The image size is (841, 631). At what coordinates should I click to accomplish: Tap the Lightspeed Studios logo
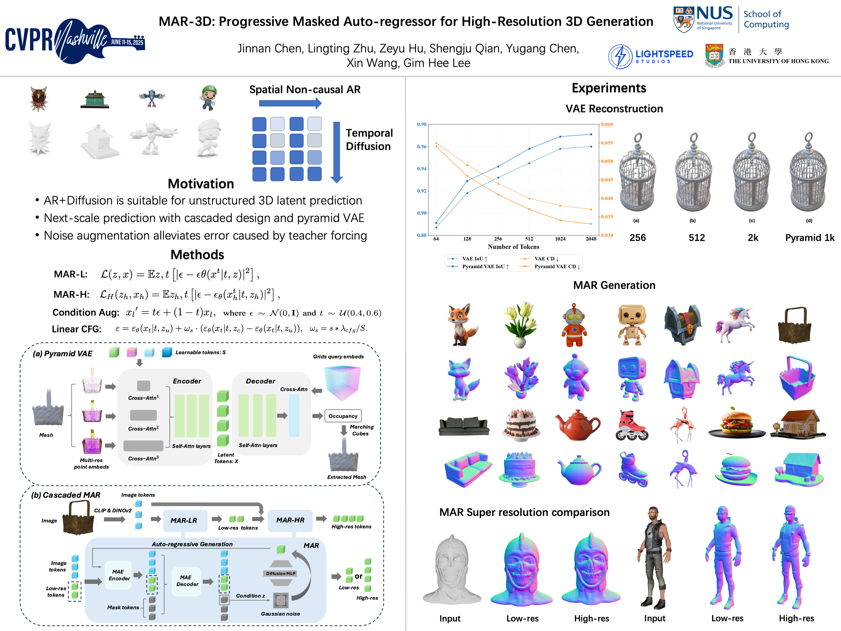(x=650, y=56)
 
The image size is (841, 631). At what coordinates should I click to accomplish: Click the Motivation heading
(x=201, y=184)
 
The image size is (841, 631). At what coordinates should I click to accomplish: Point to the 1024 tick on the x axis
(x=560, y=239)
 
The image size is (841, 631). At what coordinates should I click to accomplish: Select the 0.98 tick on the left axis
(x=422, y=124)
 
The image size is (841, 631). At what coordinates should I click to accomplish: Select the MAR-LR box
(x=184, y=520)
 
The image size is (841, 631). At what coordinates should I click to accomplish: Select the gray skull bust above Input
(x=451, y=571)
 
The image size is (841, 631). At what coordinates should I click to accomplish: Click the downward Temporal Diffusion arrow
(x=336, y=152)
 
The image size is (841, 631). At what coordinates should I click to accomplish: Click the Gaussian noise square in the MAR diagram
(x=281, y=600)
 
